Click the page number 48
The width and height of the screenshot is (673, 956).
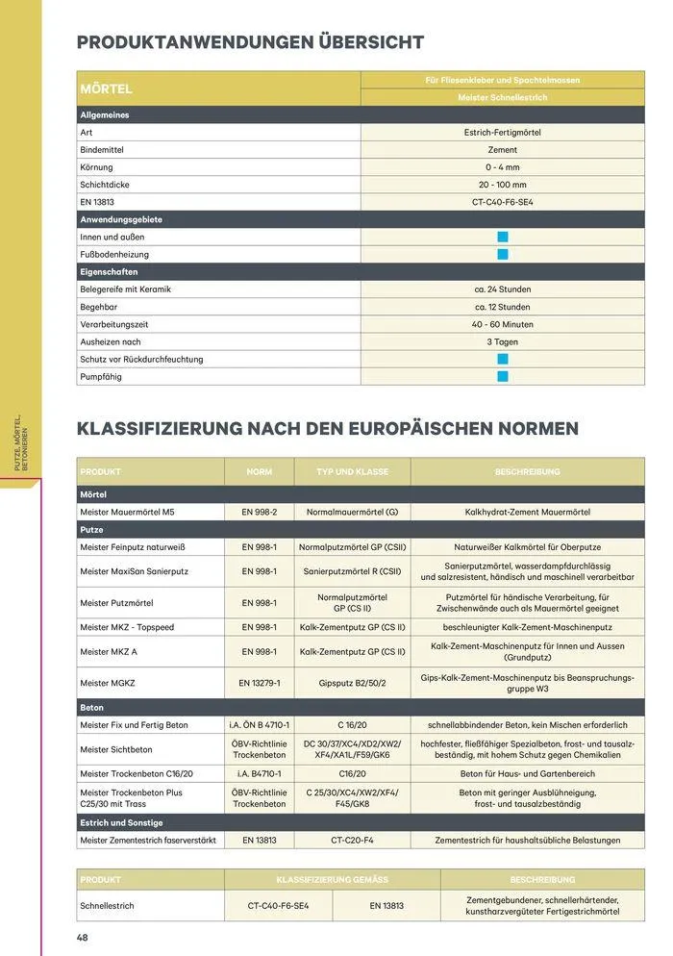[83, 937]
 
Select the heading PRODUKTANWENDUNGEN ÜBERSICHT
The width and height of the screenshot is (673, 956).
[250, 42]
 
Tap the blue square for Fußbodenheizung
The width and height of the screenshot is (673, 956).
[502, 255]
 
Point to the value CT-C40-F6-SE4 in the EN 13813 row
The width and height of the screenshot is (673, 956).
[502, 202]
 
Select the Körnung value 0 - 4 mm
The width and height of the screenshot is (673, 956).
[502, 167]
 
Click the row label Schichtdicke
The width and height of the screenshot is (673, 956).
[105, 185]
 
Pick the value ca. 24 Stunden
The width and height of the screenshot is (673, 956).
[502, 289]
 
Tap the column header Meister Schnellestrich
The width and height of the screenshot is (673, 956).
[502, 98]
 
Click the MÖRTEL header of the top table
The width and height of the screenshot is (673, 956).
[106, 89]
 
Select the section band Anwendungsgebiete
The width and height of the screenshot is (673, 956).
[120, 219]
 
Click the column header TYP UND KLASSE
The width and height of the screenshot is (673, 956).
[352, 472]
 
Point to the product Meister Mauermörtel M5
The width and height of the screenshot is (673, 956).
[127, 513]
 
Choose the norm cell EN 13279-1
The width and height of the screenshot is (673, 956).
[259, 683]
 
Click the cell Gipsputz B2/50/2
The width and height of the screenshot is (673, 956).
[352, 683]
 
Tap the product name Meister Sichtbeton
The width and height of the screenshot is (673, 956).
[115, 749]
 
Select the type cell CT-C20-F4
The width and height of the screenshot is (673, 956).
[352, 840]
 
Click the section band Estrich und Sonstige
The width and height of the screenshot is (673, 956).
[121, 822]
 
